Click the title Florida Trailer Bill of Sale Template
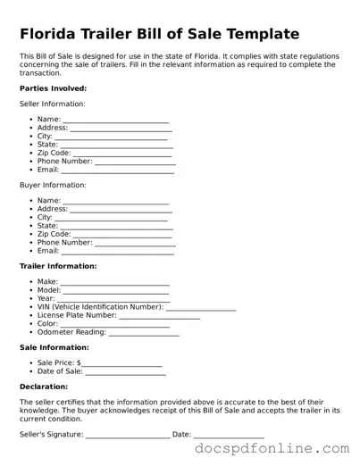[159, 34]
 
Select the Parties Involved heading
[54, 88]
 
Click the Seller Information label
[54, 104]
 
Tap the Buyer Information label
[53, 185]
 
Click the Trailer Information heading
[58, 266]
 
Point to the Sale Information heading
[54, 347]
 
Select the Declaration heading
[44, 387]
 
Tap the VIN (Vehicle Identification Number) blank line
[201, 308]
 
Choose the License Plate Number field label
[77, 315]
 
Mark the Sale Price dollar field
[121, 364]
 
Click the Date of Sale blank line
[125, 372]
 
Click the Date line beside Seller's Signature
[229, 436]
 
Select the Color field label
[47, 323]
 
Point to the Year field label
[46, 298]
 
